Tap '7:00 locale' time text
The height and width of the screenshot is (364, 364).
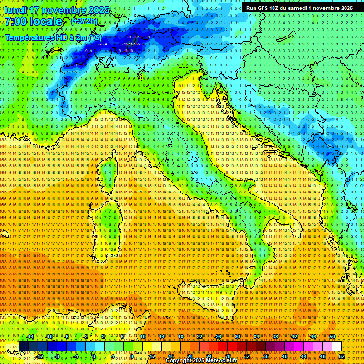pyautogui.click(x=34, y=21)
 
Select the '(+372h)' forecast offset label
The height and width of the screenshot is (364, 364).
pyautogui.click(x=84, y=21)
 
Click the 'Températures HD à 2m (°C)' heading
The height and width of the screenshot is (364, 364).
pyautogui.click(x=53, y=36)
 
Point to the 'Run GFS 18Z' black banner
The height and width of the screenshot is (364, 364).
pyautogui.click(x=299, y=8)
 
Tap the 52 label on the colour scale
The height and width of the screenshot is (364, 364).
pyautogui.click(x=342, y=356)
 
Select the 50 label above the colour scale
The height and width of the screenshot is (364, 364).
pyautogui.click(x=332, y=337)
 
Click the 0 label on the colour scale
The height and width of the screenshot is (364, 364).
pyautogui.click(x=94, y=356)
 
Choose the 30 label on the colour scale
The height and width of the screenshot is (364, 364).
pyautogui.click(x=237, y=337)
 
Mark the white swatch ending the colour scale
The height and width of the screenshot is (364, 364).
pyautogui.click(x=337, y=346)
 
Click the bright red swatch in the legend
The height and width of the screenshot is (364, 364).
pyautogui.click(x=223, y=346)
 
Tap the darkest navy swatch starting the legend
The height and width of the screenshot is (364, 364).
pyautogui.click(x=24, y=346)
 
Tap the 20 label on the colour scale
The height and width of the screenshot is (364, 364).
pyautogui.click(x=190, y=356)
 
